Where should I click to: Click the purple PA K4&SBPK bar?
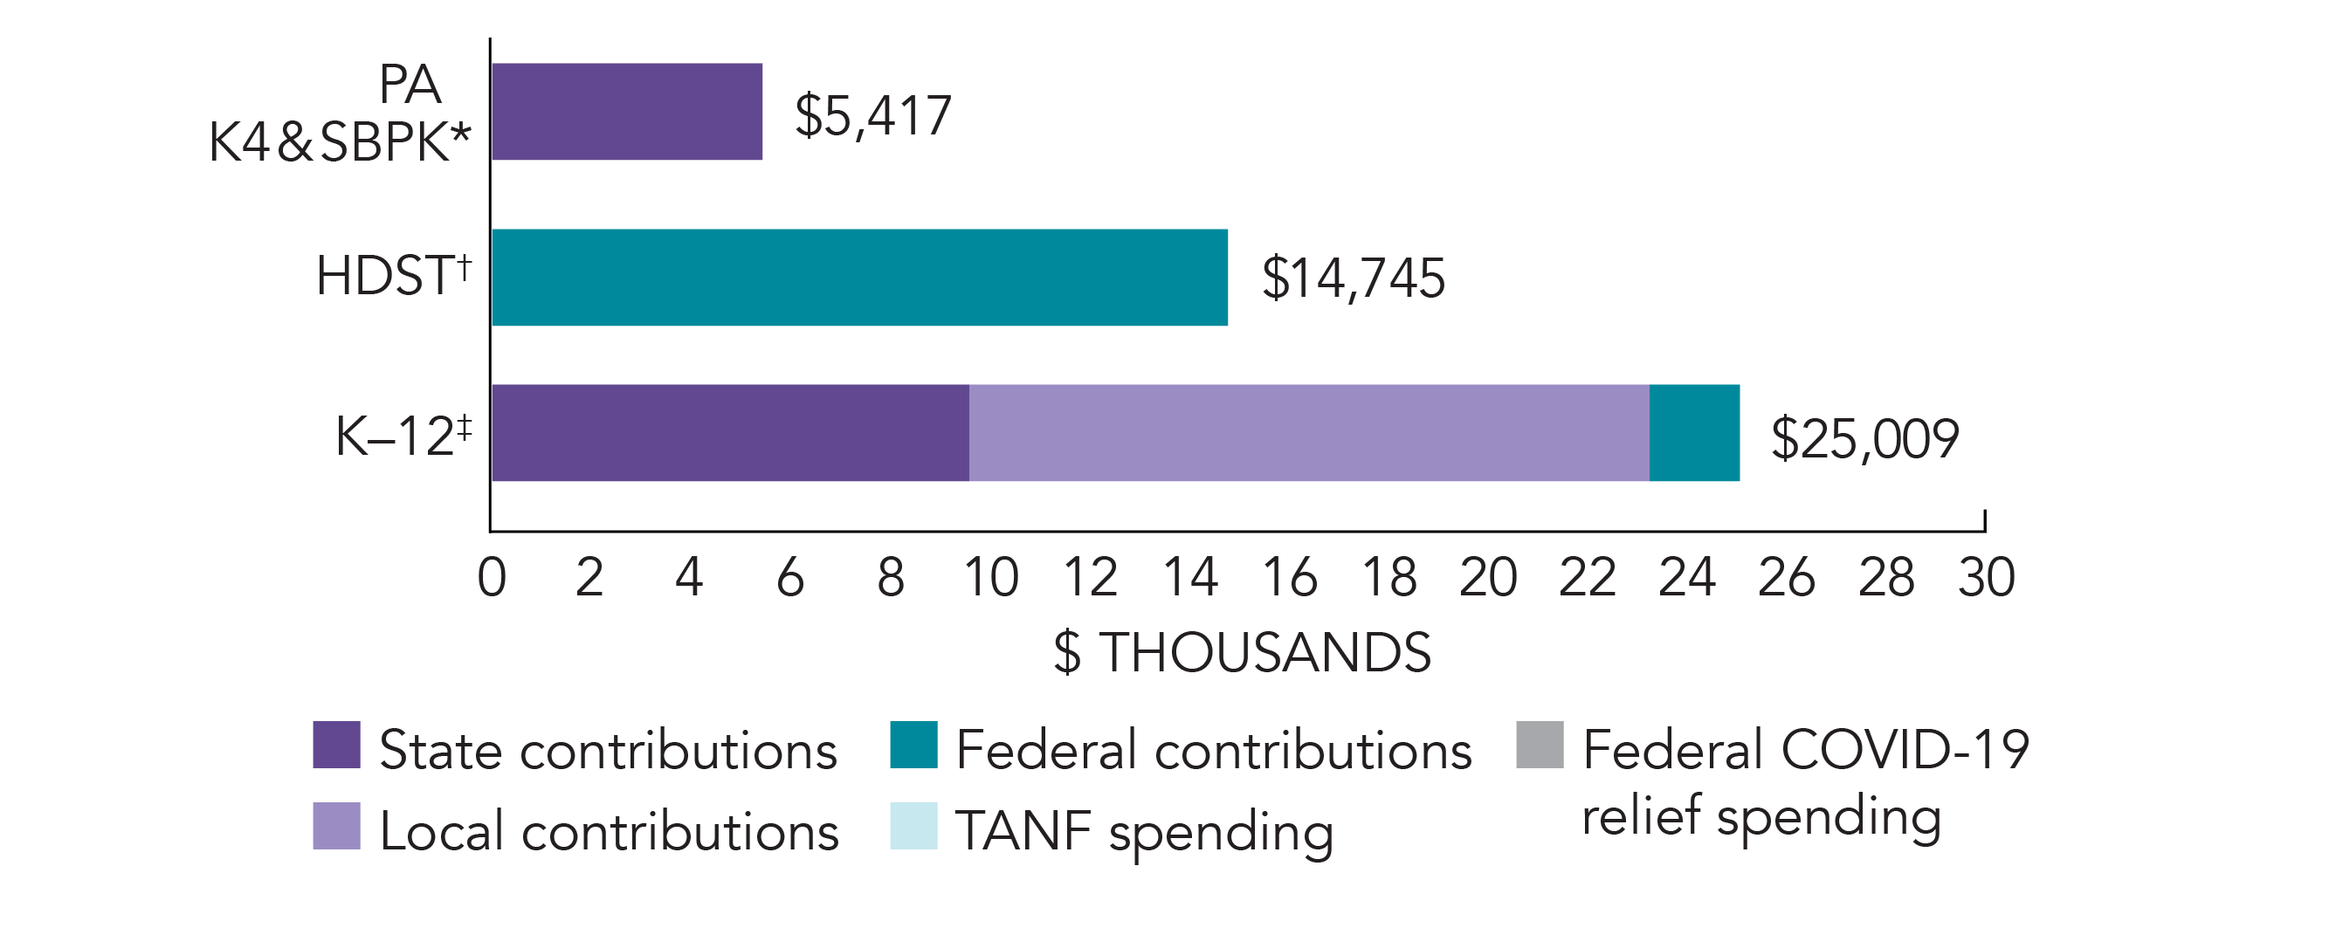(626, 111)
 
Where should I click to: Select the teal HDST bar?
(859, 277)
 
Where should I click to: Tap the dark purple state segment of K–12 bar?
(730, 433)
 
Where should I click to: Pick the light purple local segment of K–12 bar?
(1308, 433)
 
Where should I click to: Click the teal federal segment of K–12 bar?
(1693, 433)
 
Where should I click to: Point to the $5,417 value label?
(872, 115)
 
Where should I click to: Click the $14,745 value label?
(1353, 278)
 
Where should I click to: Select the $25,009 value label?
(1864, 439)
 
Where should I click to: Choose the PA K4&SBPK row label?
(339, 113)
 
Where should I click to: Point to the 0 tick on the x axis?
(491, 577)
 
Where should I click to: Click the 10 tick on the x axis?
(991, 577)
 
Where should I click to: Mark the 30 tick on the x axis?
(1986, 577)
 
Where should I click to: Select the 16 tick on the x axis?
(1289, 577)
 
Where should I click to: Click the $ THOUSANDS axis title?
(1243, 652)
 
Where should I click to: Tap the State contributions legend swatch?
(336, 745)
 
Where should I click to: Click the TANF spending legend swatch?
(913, 826)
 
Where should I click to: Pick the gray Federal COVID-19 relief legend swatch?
(1540, 745)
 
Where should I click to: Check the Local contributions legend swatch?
(336, 826)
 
